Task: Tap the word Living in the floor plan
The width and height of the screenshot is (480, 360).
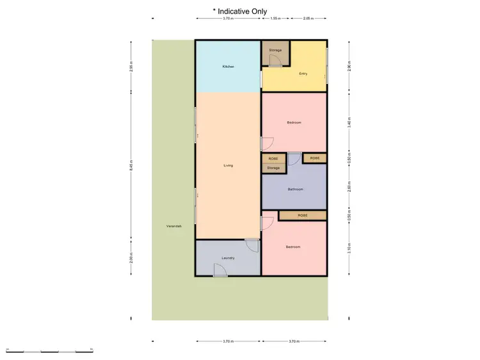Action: point(228,165)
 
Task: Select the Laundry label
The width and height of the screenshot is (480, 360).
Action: point(228,258)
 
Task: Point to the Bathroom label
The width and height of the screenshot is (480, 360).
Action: point(295,189)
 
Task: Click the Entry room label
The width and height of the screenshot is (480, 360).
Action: point(303,73)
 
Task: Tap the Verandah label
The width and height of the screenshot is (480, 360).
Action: point(173,226)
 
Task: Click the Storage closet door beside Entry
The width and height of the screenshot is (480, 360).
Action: point(275,61)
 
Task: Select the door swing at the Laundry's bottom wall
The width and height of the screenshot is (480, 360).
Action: point(220,271)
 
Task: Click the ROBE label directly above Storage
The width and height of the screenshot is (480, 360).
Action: point(273,158)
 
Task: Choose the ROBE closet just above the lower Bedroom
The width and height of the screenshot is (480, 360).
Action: point(303,215)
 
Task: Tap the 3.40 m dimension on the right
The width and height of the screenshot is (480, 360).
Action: point(349,123)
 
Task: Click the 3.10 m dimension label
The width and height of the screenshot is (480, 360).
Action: point(349,247)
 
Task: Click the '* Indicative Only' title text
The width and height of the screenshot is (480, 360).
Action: point(240,10)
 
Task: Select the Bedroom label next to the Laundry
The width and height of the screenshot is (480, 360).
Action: point(293,247)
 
